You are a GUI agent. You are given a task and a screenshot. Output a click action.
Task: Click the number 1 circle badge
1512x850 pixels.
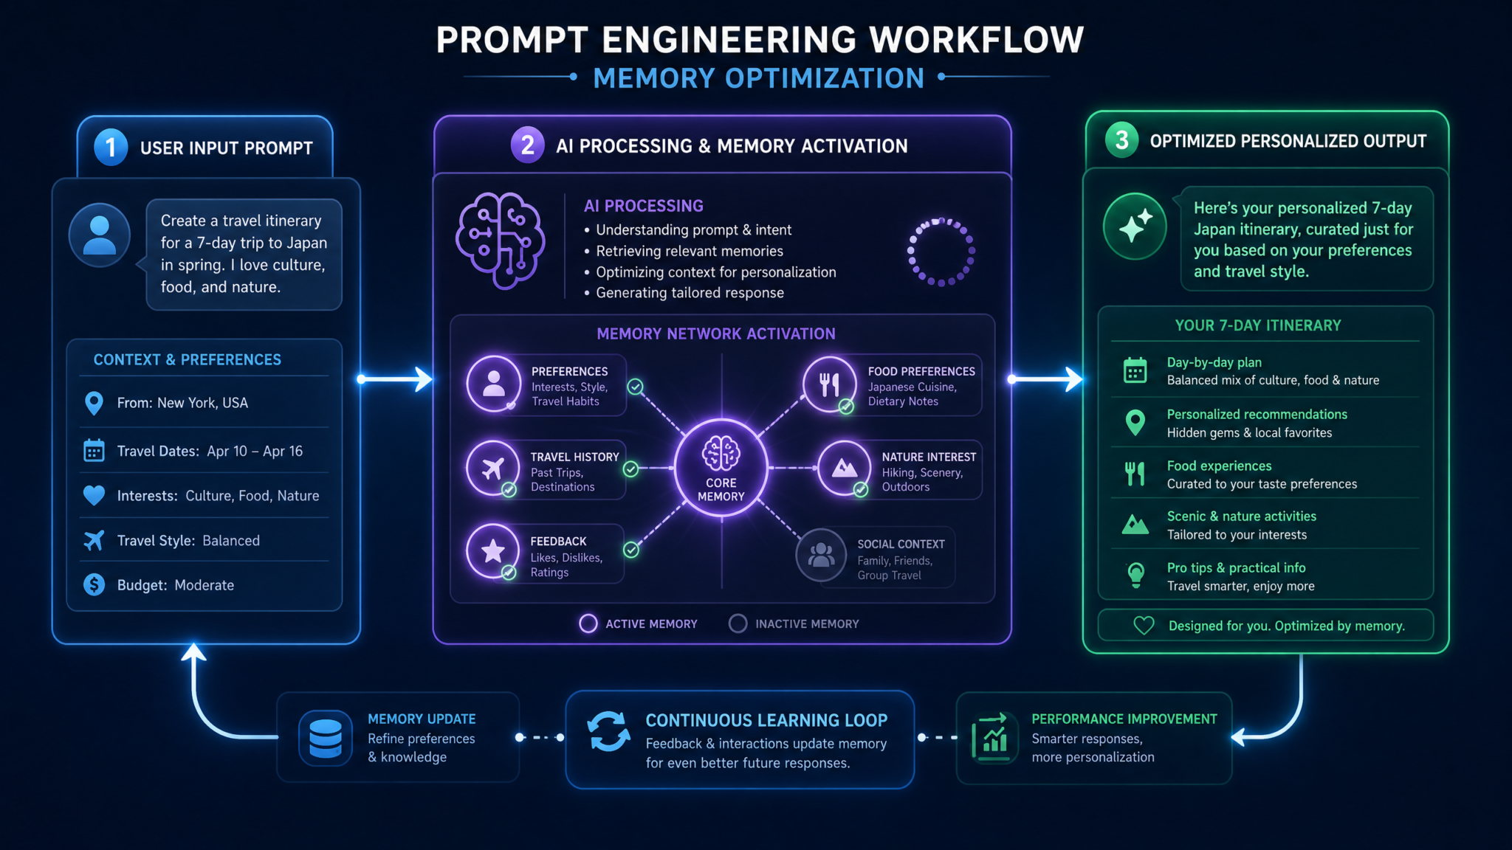tap(111, 147)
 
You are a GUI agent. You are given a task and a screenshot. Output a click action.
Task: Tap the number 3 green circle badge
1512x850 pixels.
tap(1121, 140)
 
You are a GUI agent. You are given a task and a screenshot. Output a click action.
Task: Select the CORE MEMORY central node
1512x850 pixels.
tap(721, 468)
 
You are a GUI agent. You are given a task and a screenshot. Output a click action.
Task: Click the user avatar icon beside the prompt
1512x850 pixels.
tap(100, 235)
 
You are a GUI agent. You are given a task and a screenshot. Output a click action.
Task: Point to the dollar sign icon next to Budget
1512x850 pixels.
tap(94, 584)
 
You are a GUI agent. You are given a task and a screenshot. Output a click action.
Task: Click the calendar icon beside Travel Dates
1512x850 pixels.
tap(94, 450)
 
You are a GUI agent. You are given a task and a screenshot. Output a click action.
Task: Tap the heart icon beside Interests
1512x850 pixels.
tap(94, 495)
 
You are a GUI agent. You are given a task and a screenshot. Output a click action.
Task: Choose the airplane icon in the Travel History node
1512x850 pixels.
tap(492, 468)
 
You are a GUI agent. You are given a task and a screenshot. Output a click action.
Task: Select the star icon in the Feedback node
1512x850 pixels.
tap(492, 551)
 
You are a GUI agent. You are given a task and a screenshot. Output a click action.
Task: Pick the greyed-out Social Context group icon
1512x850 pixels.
tap(821, 555)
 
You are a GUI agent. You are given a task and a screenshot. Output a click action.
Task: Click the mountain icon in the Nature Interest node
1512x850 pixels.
tap(845, 468)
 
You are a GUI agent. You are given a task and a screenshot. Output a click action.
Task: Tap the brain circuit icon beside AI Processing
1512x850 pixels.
tap(501, 241)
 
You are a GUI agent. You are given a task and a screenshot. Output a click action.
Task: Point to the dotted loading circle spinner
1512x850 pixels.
tap(941, 252)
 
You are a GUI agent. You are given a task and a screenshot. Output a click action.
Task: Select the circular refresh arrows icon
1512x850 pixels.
tap(608, 731)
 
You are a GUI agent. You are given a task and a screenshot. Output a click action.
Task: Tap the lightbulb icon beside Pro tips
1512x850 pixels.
tap(1136, 575)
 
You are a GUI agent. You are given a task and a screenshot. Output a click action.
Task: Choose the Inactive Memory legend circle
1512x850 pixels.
tap(738, 623)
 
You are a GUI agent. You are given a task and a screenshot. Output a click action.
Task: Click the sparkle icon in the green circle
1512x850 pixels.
tap(1135, 226)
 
